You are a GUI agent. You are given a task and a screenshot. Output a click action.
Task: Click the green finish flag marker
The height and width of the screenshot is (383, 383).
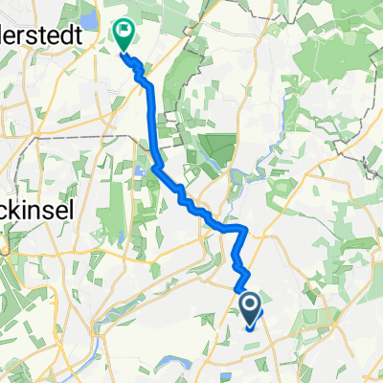point(124,35)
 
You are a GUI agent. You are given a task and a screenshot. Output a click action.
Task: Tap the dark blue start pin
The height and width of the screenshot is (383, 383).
point(250,308)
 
